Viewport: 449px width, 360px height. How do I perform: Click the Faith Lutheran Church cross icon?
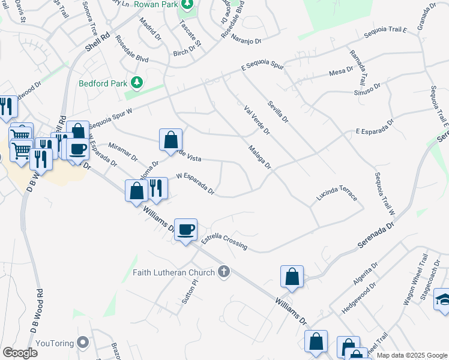point(224,272)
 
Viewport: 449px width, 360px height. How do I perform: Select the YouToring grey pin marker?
point(83,343)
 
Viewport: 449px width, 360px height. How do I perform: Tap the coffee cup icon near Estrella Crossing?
point(186,229)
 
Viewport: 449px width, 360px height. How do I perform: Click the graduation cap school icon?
point(442,299)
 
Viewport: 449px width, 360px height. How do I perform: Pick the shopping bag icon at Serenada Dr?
point(292,277)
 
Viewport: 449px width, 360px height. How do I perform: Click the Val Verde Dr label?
point(258,119)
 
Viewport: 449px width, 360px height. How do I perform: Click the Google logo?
point(20,352)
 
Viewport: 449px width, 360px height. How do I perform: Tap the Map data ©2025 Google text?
point(411,355)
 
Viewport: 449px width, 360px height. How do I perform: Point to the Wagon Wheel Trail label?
point(415,280)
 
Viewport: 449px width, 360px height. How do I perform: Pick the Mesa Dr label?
point(341,71)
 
